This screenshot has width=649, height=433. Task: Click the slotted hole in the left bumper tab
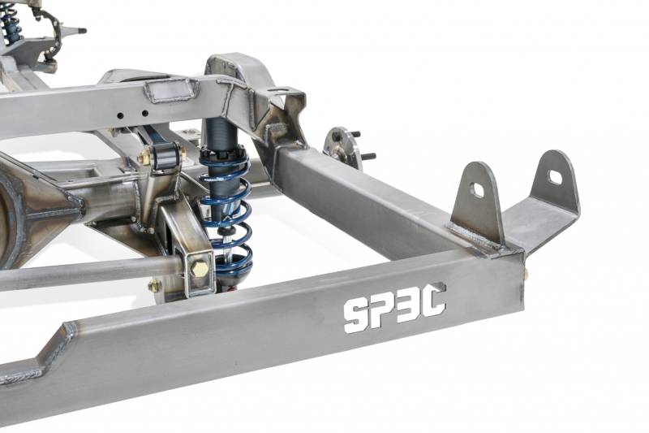[x=478, y=190]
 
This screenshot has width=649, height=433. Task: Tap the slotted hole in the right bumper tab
[x=555, y=178]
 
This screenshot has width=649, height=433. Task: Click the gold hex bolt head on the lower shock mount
[x=200, y=270]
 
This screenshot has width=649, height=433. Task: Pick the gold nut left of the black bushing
[x=144, y=158]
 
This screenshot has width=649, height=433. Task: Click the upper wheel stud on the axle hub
[x=355, y=135]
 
